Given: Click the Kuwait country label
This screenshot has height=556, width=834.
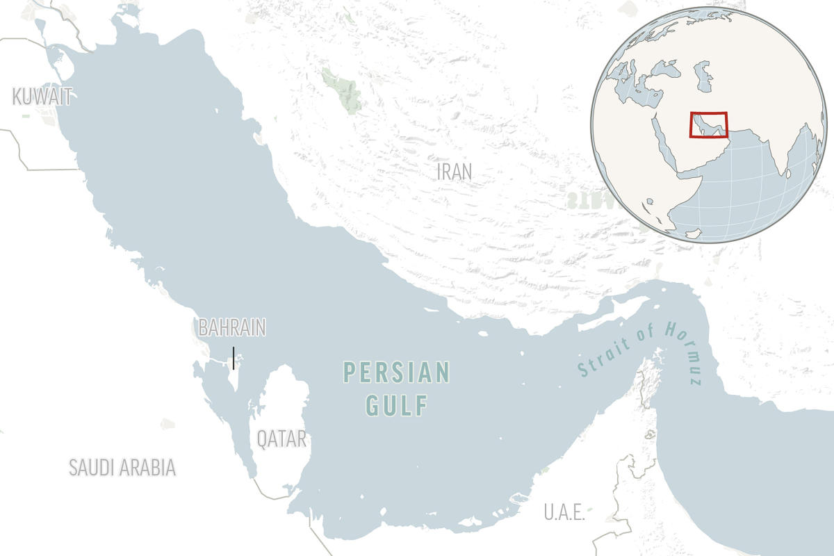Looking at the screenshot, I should click(x=42, y=97).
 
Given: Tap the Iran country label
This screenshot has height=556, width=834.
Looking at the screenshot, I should click(x=455, y=171).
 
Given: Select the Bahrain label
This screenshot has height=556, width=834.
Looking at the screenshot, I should click(x=232, y=328).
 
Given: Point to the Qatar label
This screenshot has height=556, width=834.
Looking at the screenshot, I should click(x=281, y=439).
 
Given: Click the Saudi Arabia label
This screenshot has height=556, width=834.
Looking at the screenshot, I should click(x=122, y=468).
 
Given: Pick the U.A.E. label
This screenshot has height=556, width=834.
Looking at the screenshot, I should click(x=564, y=513).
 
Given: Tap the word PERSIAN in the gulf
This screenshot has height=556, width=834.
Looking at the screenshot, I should click(x=397, y=373).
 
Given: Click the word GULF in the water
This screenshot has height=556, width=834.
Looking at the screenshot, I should click(x=397, y=406).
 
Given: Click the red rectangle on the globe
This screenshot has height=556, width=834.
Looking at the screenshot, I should click(x=708, y=125).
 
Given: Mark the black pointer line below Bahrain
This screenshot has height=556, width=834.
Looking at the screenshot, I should click(x=234, y=357).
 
